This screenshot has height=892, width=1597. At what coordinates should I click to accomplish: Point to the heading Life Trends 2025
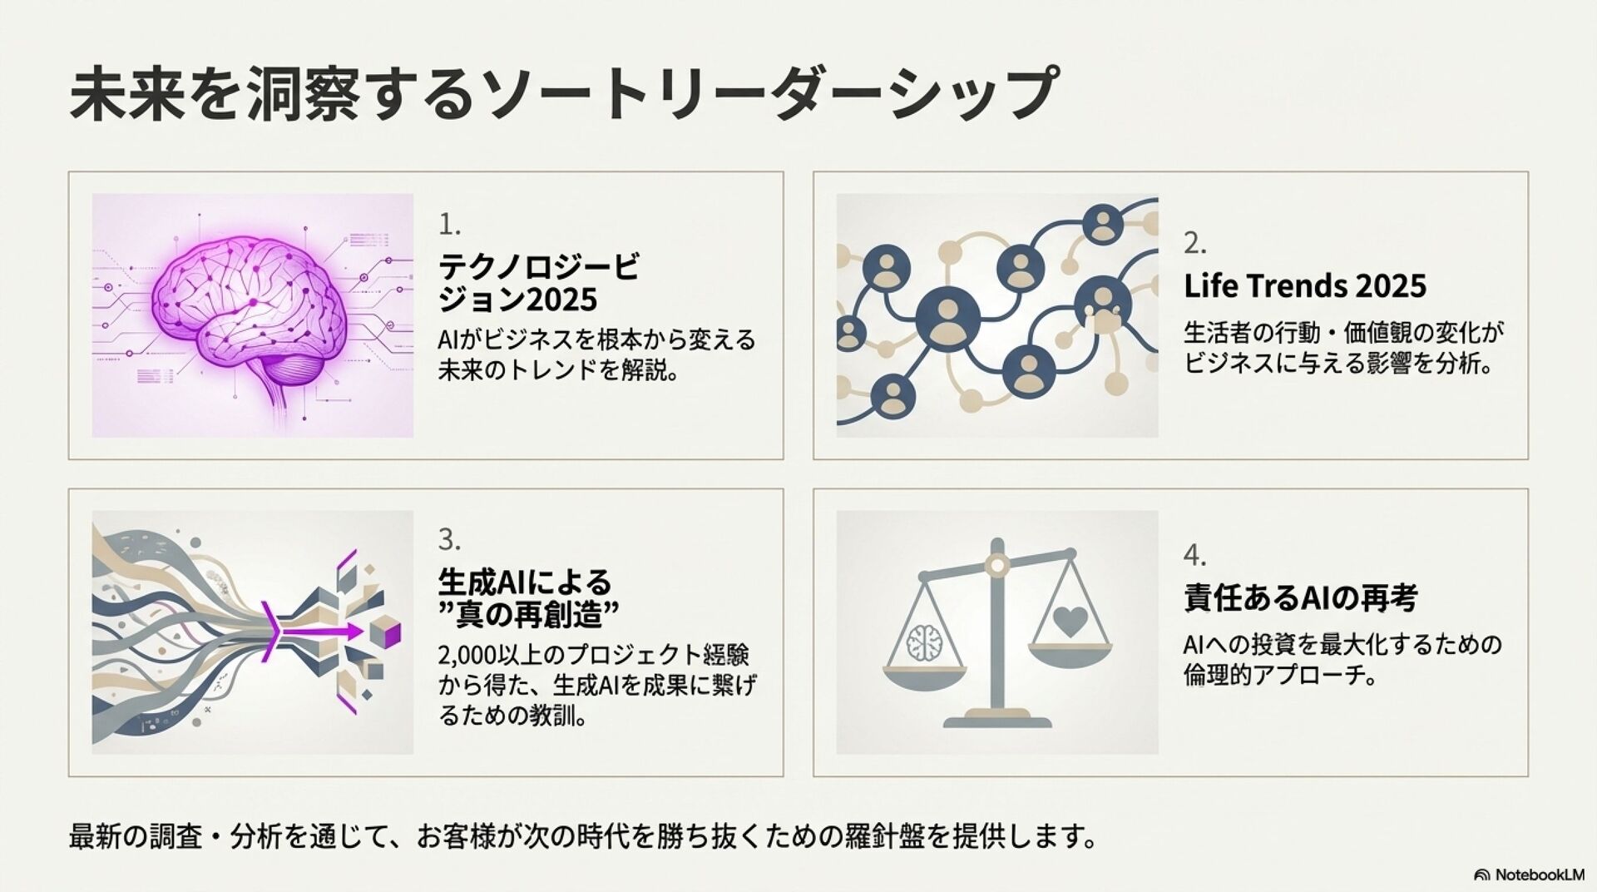(1304, 286)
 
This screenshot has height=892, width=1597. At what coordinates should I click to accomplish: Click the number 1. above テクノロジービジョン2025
(449, 224)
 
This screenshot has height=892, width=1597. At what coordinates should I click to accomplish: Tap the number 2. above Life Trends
(1194, 243)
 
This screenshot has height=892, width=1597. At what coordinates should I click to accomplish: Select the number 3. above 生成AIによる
(449, 540)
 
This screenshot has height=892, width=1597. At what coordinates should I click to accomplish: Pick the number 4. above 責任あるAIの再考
(1194, 555)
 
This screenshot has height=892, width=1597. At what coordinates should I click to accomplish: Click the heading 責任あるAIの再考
(1300, 597)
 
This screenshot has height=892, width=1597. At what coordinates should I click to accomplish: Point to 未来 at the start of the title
(127, 94)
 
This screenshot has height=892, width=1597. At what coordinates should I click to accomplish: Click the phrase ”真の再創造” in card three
(529, 616)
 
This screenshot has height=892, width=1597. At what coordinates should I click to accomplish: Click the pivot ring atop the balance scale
(996, 566)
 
